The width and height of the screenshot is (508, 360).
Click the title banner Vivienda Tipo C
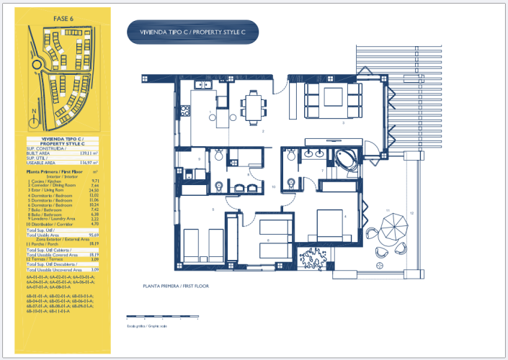pyautogui.click(x=192, y=32)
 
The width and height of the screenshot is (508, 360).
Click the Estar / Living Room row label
pyautogui.click(x=48, y=190)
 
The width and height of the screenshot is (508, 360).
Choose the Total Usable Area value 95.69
pyautogui.click(x=92, y=235)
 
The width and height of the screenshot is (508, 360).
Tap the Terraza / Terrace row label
pyautogui.click(x=47, y=259)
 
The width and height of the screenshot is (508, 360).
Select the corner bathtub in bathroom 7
pyautogui.click(x=342, y=161)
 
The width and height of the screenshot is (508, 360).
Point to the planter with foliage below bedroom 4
pyautogui.click(x=314, y=259)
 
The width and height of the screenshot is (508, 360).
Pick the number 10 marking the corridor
pyautogui.click(x=274, y=186)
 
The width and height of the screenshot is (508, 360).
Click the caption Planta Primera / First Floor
pyautogui.click(x=176, y=286)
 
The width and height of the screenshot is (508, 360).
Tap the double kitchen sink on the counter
pyautogui.click(x=204, y=85)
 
